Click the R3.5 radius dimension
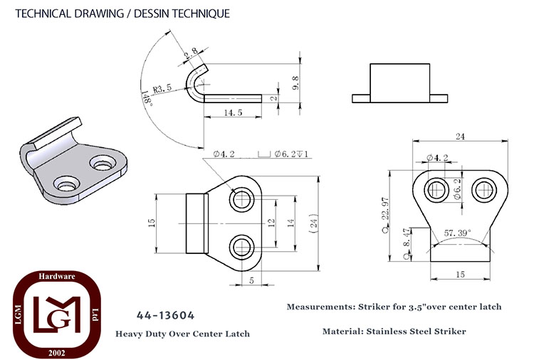pos(162,89)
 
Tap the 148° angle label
pos(147,99)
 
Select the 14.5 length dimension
pos(233,112)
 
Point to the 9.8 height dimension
pos(295,83)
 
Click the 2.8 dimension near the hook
pos(191,53)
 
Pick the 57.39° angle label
pos(457,233)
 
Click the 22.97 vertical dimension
pos(385,208)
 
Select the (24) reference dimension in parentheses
pos(314,223)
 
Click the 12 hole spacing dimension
pos(271,223)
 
